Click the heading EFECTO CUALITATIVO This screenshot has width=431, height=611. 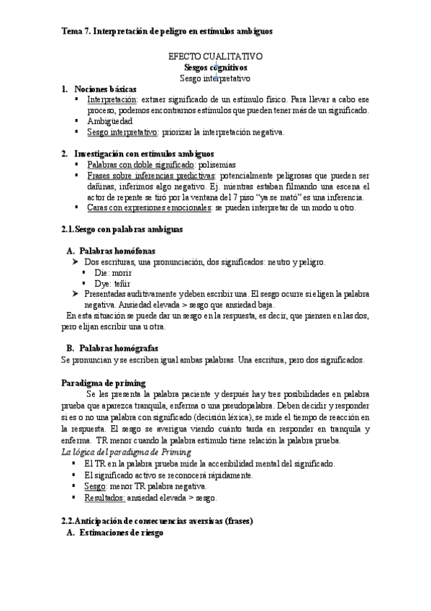point(215,55)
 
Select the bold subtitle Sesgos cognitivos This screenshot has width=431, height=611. point(215,66)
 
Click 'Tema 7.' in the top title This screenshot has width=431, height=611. point(73,32)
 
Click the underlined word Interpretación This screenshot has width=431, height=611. point(112,99)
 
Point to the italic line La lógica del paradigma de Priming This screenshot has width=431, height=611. point(126,452)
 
